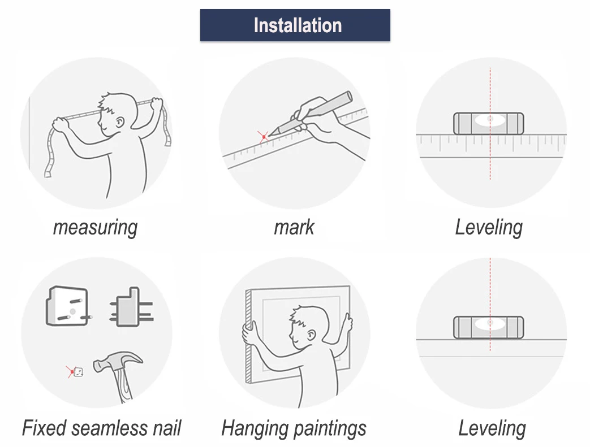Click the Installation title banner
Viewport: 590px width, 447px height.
click(295, 25)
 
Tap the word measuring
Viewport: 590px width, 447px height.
click(95, 227)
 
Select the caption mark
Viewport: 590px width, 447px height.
click(294, 227)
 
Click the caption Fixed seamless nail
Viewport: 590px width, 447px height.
click(102, 428)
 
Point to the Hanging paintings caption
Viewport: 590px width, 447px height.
click(294, 428)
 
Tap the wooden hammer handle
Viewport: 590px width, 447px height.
click(123, 385)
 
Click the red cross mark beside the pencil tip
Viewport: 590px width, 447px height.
click(263, 137)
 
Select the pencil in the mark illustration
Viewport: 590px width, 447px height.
click(311, 114)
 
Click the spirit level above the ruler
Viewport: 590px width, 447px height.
click(488, 123)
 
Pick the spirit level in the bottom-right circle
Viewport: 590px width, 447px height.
click(488, 327)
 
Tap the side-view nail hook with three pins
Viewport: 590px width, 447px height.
click(131, 307)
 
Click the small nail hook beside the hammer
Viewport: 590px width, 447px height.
click(78, 372)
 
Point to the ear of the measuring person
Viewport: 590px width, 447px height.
click(120, 123)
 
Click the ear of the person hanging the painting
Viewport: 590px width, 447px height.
click(311, 334)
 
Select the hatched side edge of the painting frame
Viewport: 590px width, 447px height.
click(248, 336)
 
